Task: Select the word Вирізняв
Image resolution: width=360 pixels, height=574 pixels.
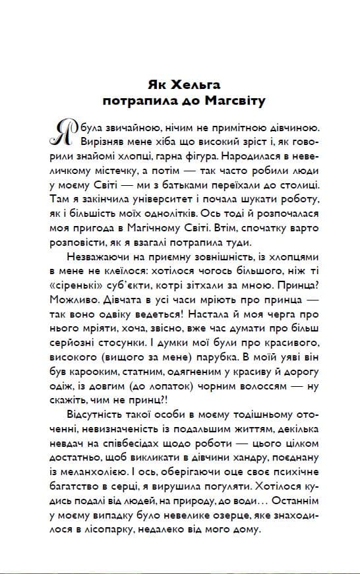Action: point(100,141)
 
